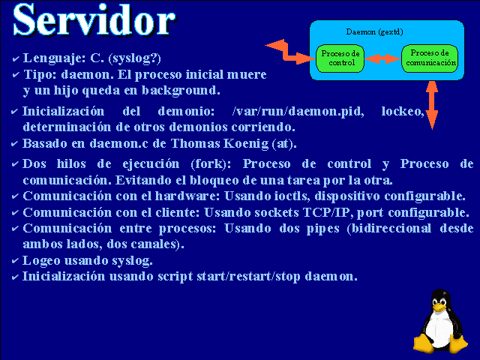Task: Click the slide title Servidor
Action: pyautogui.click(x=94, y=21)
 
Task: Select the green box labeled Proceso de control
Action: pyautogui.click(x=340, y=58)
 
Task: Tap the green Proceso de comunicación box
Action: pyautogui.click(x=430, y=58)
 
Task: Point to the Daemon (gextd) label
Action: pyautogui.click(x=374, y=31)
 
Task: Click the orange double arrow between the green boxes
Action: pyautogui.click(x=382, y=58)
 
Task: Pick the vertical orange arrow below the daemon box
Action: pyautogui.click(x=432, y=105)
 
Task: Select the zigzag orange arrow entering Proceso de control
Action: pyautogui.click(x=290, y=52)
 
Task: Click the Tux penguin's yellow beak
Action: pyautogui.click(x=439, y=307)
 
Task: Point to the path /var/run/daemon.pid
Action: pyautogui.click(x=298, y=111)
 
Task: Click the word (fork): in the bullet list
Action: pyautogui.click(x=211, y=164)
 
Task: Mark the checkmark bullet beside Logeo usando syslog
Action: pyautogui.click(x=15, y=261)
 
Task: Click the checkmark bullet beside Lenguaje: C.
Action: pyautogui.click(x=15, y=58)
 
